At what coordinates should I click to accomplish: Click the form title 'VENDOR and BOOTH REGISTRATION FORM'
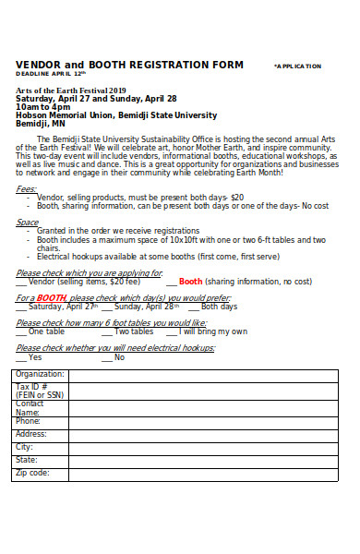coord(129,65)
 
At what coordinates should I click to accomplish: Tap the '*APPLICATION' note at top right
coord(297,66)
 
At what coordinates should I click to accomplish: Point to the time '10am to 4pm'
coord(42,106)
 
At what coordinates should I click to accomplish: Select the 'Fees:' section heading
coord(27,188)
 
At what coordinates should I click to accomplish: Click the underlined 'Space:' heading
coord(28,223)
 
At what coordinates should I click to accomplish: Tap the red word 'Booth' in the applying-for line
coord(190,281)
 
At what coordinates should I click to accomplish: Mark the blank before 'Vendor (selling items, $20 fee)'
coord(21,281)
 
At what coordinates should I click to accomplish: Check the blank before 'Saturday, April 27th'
coord(21,306)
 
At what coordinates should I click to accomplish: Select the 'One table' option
coord(46,331)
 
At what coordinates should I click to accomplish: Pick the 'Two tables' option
coord(135,331)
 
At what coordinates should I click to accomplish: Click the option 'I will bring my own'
coord(221,331)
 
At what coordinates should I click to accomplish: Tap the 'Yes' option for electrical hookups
coord(35,356)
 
